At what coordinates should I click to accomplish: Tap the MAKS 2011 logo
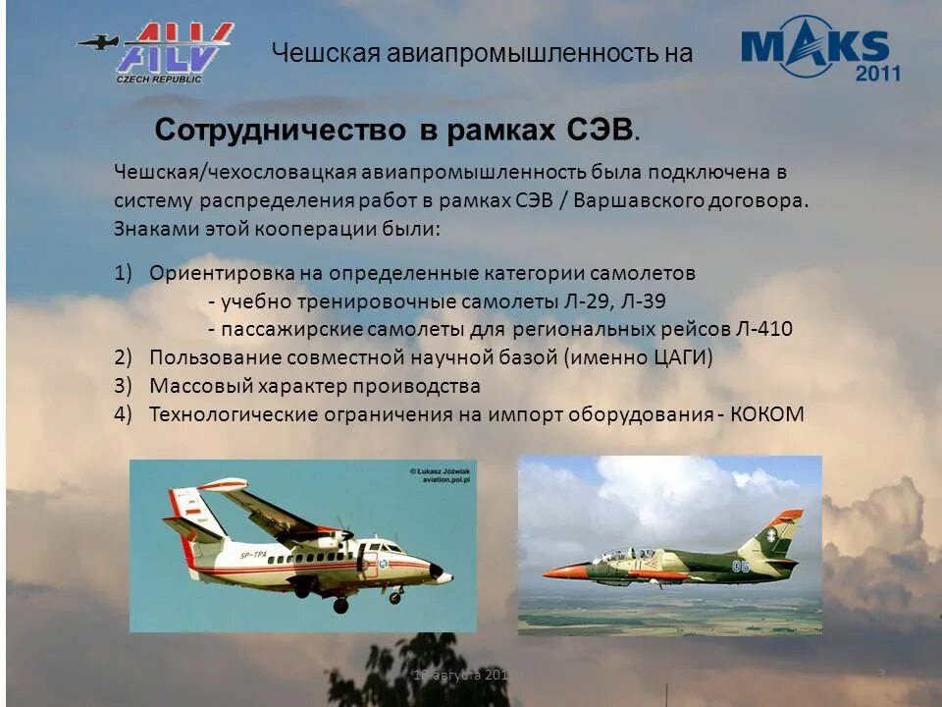[x=820, y=48]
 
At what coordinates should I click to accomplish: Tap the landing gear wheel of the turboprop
[x=340, y=606]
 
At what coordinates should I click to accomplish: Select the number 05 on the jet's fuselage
[x=740, y=567]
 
